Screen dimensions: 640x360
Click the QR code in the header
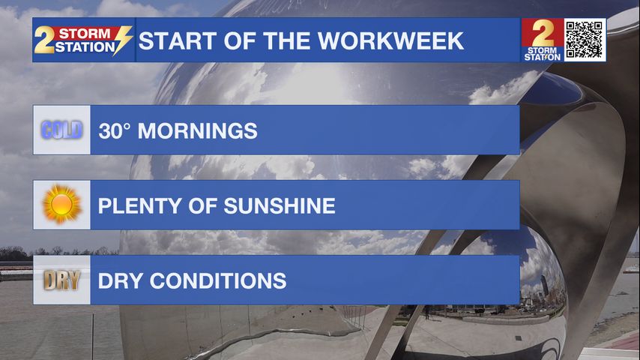coord(585,40)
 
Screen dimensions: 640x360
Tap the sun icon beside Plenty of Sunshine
coord(61,204)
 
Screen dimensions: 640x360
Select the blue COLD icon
coord(61,130)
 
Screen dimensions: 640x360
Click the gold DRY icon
coord(61,280)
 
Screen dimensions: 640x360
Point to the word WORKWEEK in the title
coord(390,40)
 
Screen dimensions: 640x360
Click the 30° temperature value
coord(114,131)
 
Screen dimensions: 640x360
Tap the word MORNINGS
coord(198,131)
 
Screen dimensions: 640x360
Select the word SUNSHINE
coord(280,206)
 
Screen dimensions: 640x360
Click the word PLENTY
coord(139,206)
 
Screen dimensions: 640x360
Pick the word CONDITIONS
coord(218,281)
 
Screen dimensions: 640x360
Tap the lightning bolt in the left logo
coord(123,40)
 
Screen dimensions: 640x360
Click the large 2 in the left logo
coord(43,40)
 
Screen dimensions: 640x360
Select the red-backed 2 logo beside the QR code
coord(543,40)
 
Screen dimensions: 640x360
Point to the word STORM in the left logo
coord(85,34)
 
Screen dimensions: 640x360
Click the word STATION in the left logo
coord(85,47)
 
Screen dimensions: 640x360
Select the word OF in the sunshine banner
coord(202,206)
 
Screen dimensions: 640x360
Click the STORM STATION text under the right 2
coord(543,54)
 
